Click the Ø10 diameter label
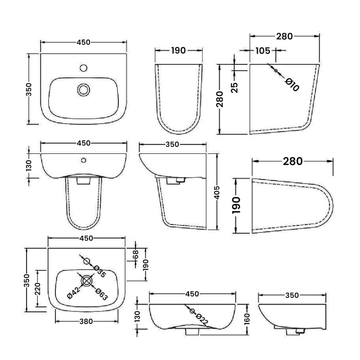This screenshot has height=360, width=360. pyautogui.click(x=292, y=85)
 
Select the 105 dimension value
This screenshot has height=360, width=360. pyautogui.click(x=258, y=51)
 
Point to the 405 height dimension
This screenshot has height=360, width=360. pyautogui.click(x=218, y=193)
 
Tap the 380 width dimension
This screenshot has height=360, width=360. pyautogui.click(x=86, y=321)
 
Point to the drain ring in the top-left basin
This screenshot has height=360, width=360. pyautogui.click(x=83, y=89)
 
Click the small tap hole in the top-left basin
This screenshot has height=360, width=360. pyautogui.click(x=83, y=68)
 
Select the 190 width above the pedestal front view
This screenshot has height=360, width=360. pyautogui.click(x=178, y=50)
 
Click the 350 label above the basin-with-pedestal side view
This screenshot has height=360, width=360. pyautogui.click(x=172, y=144)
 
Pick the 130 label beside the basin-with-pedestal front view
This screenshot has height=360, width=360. pyautogui.click(x=28, y=165)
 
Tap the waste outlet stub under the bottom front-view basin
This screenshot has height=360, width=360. pyautogui.click(x=193, y=332)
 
